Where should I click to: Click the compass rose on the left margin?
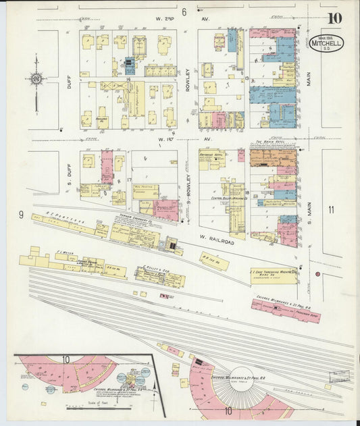coord(36,78)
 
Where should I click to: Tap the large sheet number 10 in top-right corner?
coord(335,18)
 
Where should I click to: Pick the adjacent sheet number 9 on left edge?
coord(22,215)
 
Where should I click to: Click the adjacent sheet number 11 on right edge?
coord(331,209)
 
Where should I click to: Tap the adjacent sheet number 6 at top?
coord(184,12)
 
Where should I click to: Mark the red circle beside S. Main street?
coord(317,274)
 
